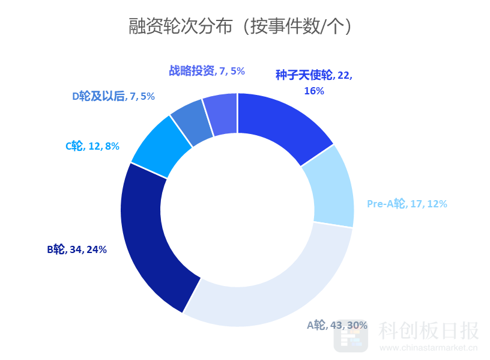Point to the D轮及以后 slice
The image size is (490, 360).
[191, 121]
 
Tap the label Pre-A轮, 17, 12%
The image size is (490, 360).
[407, 204]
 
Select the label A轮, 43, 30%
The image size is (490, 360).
[337, 325]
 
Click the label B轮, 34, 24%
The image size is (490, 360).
[77, 249]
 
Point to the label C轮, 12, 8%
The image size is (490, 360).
[92, 145]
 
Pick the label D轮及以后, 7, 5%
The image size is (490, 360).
[113, 96]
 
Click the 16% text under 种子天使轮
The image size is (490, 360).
[314, 91]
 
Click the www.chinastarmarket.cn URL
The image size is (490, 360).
[428, 347]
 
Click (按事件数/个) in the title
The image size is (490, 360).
[298, 26]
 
